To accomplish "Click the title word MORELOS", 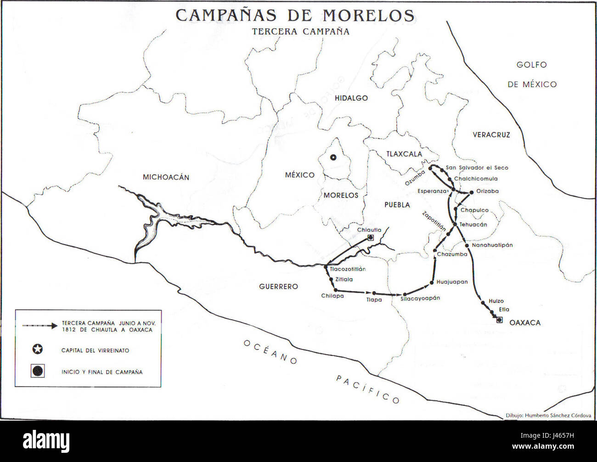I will [x=368, y=15].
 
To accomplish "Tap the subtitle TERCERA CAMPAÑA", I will [x=301, y=32].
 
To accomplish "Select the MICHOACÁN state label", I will [x=166, y=177].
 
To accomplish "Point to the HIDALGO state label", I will [x=351, y=98].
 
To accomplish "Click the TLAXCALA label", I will [x=404, y=154].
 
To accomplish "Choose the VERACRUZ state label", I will [x=491, y=135].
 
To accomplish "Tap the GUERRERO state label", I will [x=278, y=287].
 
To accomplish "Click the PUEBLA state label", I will [x=397, y=205].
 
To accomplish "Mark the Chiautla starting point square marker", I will [x=370, y=237].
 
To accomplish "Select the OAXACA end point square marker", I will [x=499, y=320].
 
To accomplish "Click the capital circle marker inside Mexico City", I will [x=334, y=158].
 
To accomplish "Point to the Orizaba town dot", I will [x=471, y=192].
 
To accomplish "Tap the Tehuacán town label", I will [x=473, y=225].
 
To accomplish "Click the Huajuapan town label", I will [x=452, y=282].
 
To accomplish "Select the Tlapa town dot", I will [x=374, y=293].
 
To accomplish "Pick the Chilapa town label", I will [x=332, y=296].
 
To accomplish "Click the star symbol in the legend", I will [x=38, y=349].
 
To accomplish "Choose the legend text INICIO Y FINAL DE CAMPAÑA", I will [x=102, y=372].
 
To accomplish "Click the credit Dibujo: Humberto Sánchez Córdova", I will [x=548, y=415].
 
